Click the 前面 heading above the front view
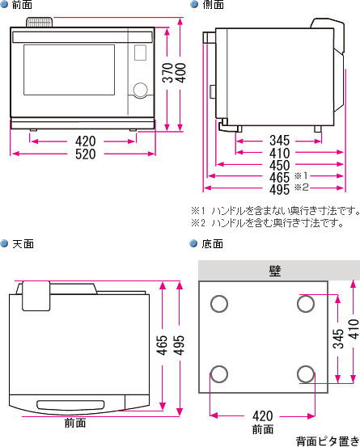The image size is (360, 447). point(22,5)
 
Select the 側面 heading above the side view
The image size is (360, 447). point(213,5)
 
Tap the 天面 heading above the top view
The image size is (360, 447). point(22,243)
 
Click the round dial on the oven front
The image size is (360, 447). point(140,89)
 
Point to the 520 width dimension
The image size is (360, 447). point(82,154)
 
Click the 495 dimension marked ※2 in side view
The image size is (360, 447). point(279,189)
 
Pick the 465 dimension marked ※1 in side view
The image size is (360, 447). point(279,177)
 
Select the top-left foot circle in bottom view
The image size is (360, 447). point(218,304)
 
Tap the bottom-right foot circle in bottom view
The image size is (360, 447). point(305,374)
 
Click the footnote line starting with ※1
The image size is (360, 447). point(275,210)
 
